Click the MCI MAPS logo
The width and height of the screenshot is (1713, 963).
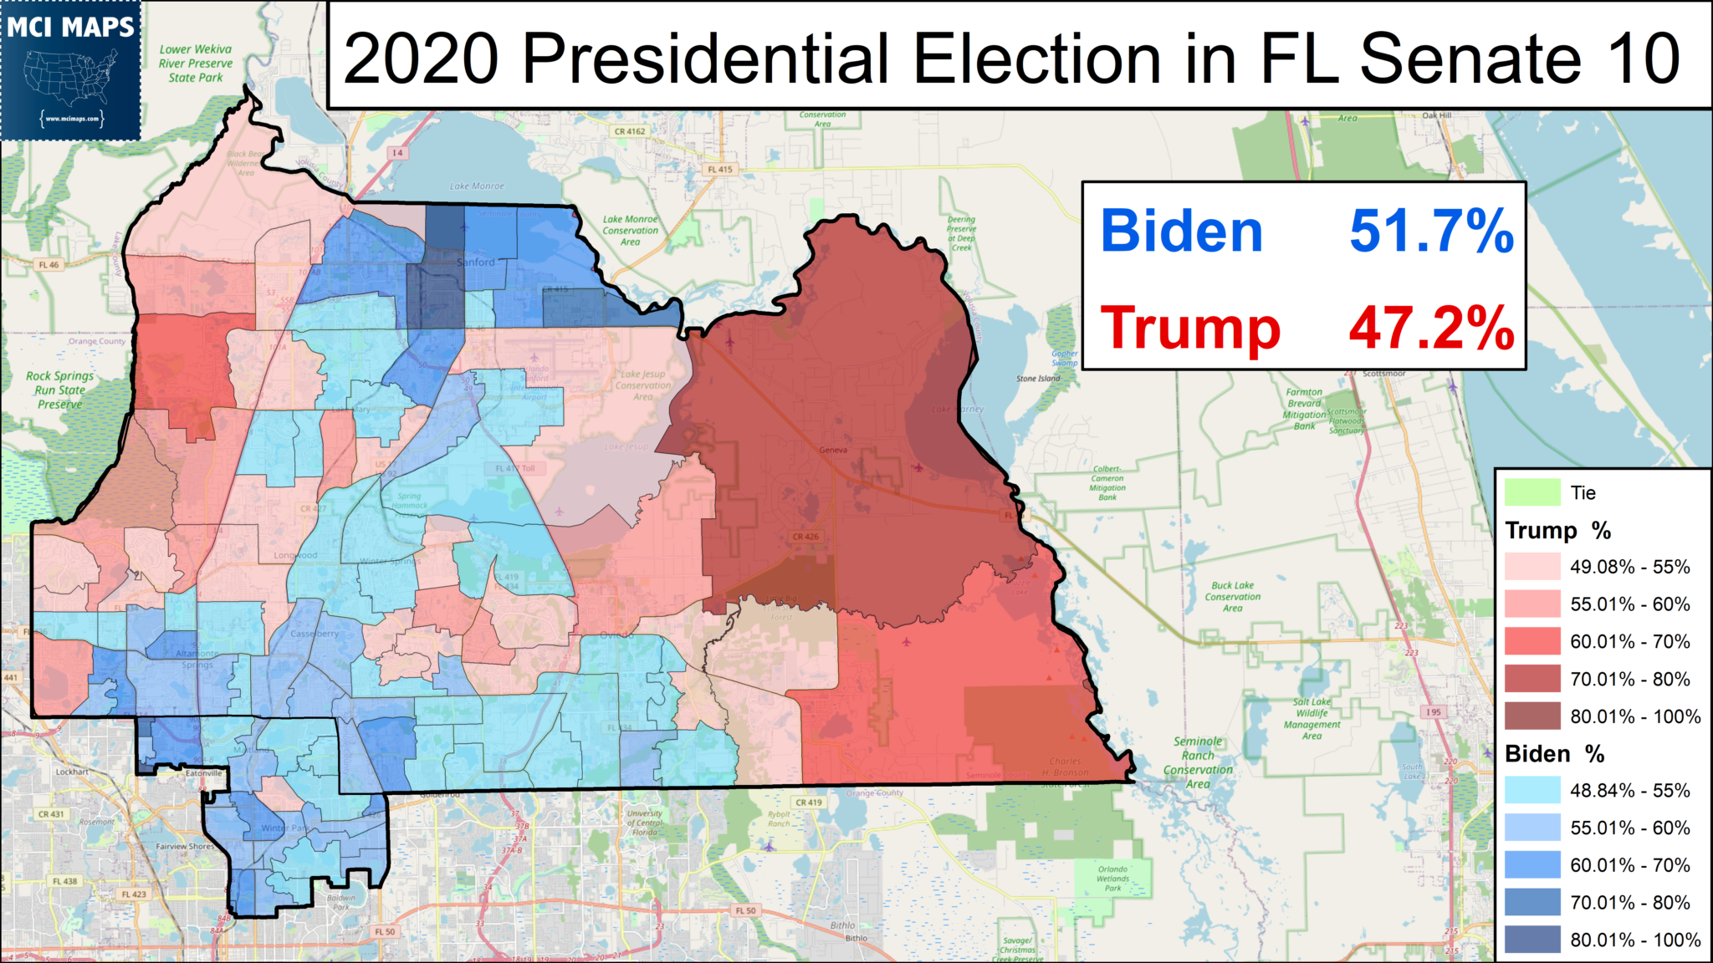click(71, 70)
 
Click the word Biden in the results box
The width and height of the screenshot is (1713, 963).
click(1181, 232)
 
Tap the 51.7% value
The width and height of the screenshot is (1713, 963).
click(1431, 232)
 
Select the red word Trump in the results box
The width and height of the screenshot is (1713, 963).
click(1189, 328)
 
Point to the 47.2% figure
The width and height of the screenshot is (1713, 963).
click(1431, 328)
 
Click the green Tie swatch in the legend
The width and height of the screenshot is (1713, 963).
click(1532, 492)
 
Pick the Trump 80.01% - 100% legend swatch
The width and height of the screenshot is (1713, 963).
click(1532, 716)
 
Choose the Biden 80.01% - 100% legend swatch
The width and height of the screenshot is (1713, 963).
click(1532, 940)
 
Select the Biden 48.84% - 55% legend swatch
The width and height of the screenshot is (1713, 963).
click(1532, 790)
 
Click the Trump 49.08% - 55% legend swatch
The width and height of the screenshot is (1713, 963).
click(1532, 567)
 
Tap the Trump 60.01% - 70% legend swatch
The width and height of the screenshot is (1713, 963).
click(1532, 641)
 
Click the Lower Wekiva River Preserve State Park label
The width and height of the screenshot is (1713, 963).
click(196, 64)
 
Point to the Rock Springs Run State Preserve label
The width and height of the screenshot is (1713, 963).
click(59, 390)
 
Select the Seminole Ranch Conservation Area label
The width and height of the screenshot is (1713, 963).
click(1198, 762)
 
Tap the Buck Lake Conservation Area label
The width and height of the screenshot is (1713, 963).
click(1233, 597)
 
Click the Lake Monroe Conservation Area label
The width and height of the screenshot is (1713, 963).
click(631, 231)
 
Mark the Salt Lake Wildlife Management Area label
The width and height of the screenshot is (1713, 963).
click(1312, 719)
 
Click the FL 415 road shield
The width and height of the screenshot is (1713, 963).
click(719, 169)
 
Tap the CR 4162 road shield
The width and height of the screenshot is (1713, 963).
click(630, 131)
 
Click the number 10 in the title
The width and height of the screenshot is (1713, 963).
click(1643, 59)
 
